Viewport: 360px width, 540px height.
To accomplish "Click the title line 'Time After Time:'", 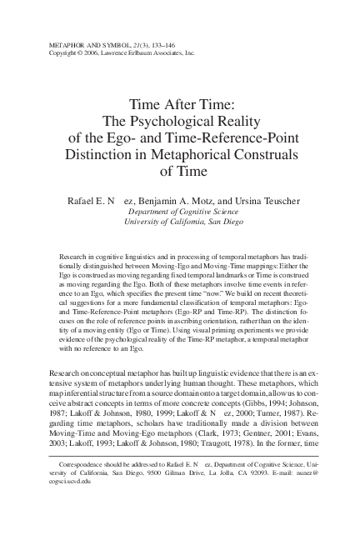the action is (179, 106).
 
